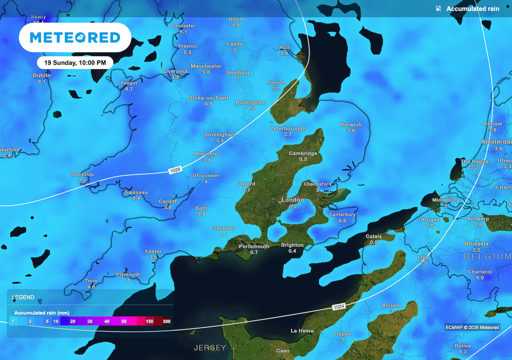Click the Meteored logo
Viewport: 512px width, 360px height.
[75, 37]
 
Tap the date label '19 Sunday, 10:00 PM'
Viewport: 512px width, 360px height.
[75, 63]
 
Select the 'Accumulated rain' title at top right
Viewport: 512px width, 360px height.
[472, 8]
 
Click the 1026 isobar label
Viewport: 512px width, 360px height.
[175, 170]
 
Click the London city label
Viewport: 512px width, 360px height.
[292, 200]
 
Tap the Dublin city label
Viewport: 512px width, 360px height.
[41, 75]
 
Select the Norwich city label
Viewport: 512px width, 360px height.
[350, 124]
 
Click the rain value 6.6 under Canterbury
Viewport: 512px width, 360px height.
[342, 220]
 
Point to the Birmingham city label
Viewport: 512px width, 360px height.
[219, 135]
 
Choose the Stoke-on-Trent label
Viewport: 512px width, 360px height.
[208, 98]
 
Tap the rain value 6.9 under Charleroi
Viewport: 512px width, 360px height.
[479, 277]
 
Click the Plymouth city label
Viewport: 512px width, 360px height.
[128, 274]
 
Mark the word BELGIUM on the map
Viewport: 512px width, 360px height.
[487, 256]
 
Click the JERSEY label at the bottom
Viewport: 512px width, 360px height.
[210, 347]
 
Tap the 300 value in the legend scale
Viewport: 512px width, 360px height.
[166, 321]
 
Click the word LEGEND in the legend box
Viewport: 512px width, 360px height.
[23, 297]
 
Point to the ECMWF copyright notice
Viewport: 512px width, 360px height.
[472, 327]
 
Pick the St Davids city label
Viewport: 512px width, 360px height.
[82, 175]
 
